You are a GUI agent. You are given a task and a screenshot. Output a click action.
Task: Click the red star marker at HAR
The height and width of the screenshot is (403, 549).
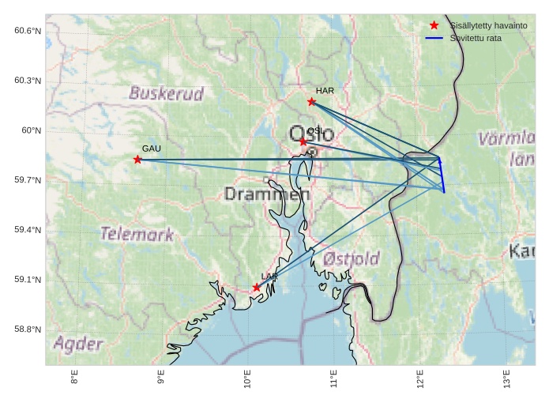click(x=311, y=101)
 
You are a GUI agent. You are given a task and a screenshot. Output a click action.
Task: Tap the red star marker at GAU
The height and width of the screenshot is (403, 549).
click(x=137, y=160)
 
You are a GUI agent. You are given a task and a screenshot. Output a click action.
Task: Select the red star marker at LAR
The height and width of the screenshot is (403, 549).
click(x=257, y=288)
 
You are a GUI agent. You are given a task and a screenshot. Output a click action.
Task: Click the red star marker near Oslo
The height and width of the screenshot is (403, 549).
click(x=303, y=141)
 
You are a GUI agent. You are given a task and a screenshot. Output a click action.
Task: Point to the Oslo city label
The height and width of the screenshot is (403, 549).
click(x=311, y=133)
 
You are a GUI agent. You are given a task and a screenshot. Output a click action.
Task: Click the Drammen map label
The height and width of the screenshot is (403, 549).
click(x=267, y=194)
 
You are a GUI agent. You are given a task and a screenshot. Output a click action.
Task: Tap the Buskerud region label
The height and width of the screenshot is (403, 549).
click(x=166, y=93)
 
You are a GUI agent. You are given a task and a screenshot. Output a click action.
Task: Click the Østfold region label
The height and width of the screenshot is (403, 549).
click(x=352, y=258)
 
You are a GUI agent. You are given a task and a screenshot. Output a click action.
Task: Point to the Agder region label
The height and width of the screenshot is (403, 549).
click(x=78, y=344)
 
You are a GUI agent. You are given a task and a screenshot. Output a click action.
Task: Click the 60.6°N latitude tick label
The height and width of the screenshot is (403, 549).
click(x=28, y=31)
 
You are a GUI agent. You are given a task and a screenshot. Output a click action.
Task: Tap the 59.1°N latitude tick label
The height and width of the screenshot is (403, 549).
click(x=28, y=280)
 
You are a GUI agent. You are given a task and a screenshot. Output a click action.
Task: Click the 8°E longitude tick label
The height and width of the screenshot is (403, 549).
click(x=75, y=379)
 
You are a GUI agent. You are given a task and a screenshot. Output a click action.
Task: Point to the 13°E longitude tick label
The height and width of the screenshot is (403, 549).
click(x=506, y=379)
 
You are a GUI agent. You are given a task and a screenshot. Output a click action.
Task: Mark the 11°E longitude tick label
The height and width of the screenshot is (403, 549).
click(x=333, y=379)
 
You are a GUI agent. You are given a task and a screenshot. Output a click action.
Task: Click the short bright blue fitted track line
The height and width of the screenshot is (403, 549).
click(x=442, y=175)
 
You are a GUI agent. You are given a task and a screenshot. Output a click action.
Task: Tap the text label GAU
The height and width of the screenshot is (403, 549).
click(x=152, y=149)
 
